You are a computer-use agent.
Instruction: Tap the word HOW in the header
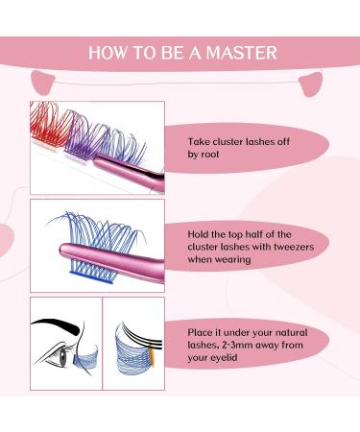[108, 52]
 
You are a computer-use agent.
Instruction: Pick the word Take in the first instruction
[201, 138]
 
